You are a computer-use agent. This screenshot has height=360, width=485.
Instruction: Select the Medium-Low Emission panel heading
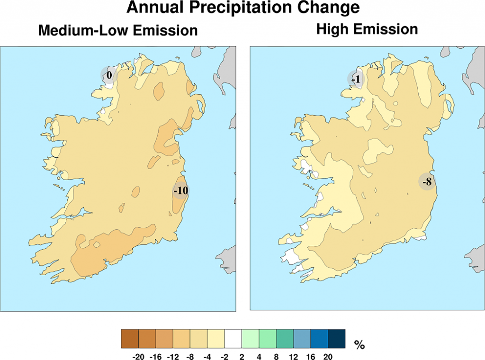click(x=117, y=31)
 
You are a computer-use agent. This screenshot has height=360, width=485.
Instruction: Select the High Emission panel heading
click(x=367, y=29)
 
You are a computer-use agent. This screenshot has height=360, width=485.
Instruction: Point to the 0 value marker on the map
click(x=109, y=75)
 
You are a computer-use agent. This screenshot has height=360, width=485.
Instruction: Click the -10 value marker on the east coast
click(x=181, y=190)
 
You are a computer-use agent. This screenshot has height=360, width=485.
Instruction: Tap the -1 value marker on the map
click(x=356, y=79)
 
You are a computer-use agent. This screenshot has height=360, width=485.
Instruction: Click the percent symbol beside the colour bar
click(x=359, y=344)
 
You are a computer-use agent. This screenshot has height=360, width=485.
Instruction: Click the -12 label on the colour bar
click(x=173, y=356)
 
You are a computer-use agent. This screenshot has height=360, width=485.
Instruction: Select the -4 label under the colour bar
click(x=207, y=356)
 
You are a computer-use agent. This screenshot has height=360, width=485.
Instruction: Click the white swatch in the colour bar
click(x=233, y=339)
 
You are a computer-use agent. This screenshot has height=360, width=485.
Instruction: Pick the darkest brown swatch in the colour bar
click(x=130, y=339)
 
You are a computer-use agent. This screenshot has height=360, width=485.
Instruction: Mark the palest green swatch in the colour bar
click(x=250, y=339)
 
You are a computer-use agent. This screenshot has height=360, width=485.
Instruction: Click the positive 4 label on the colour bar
click(x=259, y=356)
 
